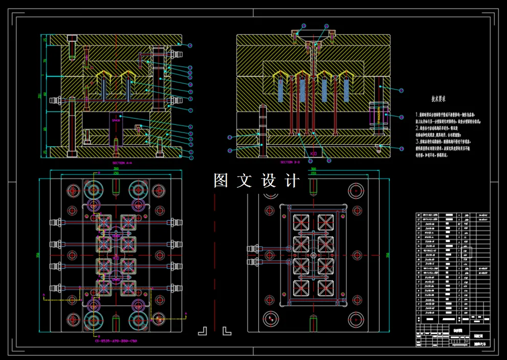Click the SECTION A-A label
click(122, 163)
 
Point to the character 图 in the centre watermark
click(221, 181)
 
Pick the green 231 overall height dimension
click(40, 96)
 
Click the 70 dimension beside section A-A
click(45, 60)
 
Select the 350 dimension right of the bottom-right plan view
click(387, 254)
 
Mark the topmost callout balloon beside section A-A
click(190, 46)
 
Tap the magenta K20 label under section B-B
click(314, 153)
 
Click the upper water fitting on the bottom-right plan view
click(252, 249)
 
